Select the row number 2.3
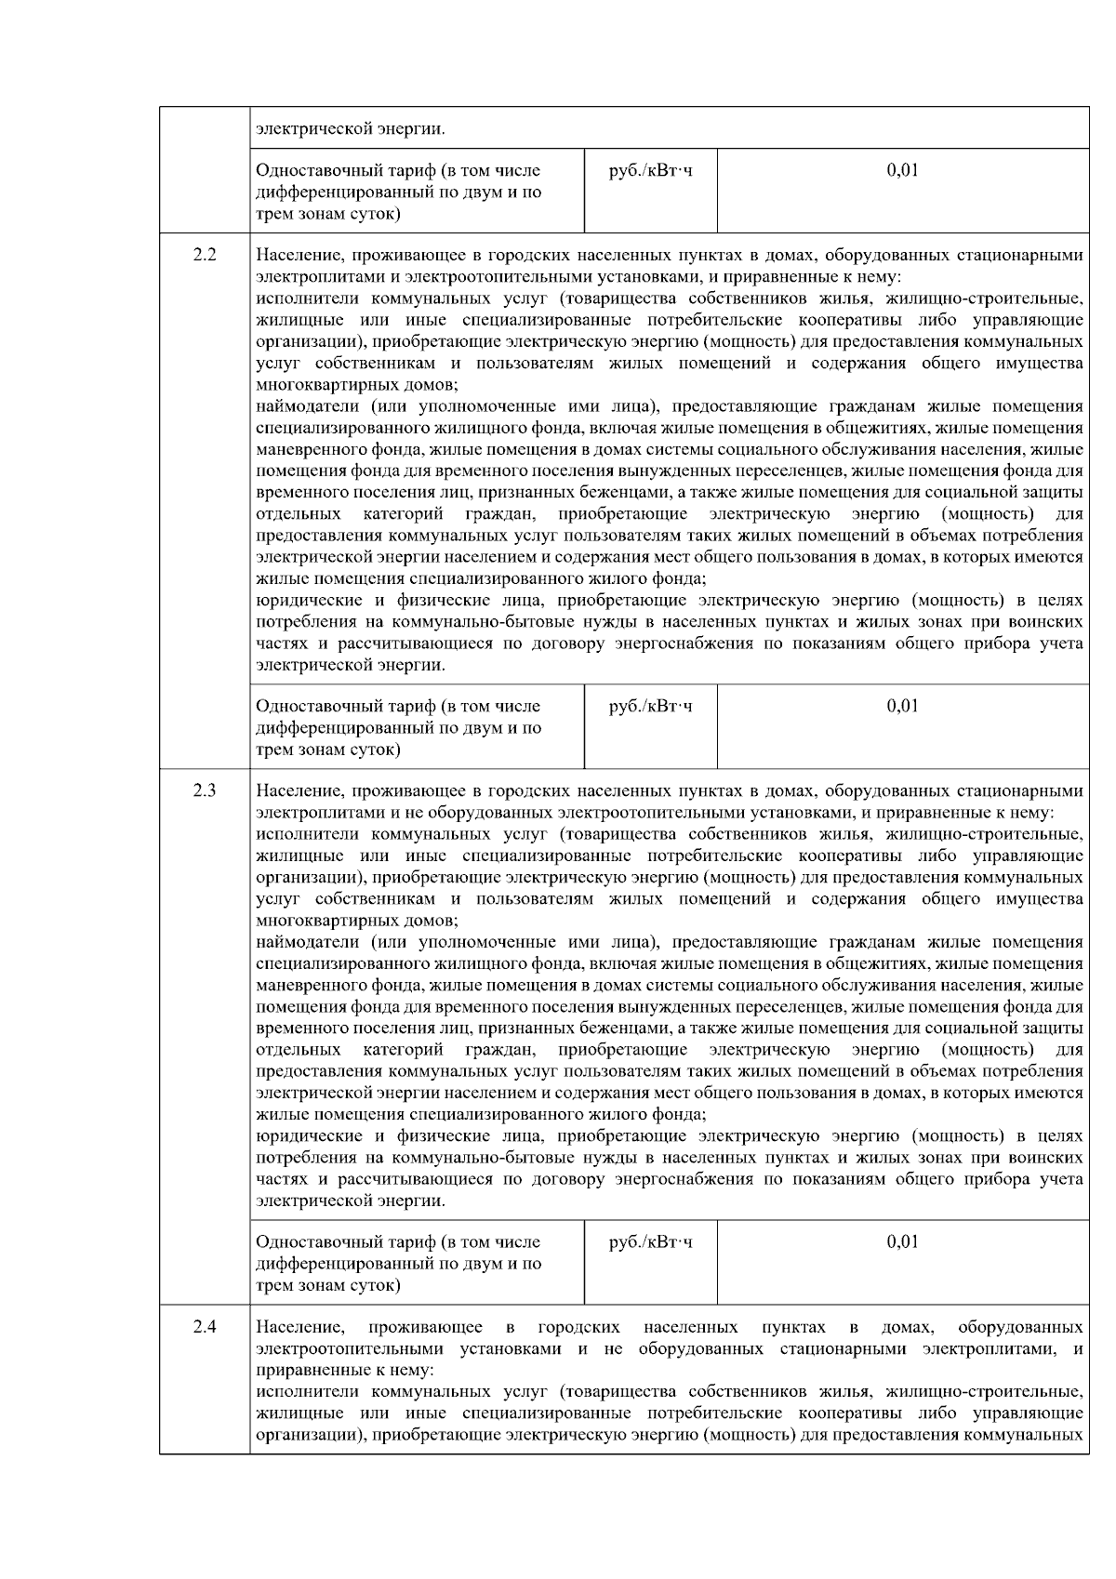coord(205,790)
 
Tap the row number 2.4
coord(205,1326)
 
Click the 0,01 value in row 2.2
coord(902,706)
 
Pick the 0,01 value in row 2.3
coord(902,1241)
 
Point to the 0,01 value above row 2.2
coord(902,170)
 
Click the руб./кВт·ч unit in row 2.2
coord(650,706)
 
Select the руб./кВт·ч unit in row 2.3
coord(650,1241)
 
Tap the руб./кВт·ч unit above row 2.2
coord(650,170)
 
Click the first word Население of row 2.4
coord(300,1326)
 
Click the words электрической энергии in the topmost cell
coord(351,128)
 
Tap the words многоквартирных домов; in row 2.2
coord(357,384)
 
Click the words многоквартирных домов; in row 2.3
coord(357,921)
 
